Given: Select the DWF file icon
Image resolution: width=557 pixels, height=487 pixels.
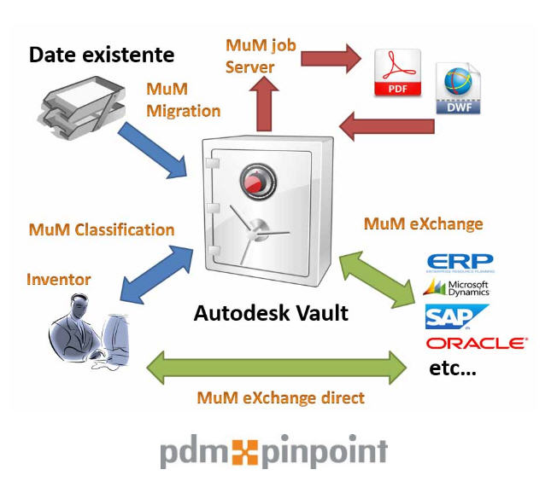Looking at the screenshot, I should click(x=458, y=89).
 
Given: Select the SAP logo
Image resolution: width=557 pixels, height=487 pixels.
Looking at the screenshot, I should click(x=456, y=316).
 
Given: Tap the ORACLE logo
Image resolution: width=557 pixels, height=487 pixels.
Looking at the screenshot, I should click(x=475, y=343).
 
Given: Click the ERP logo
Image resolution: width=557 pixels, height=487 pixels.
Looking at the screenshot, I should click(x=459, y=262).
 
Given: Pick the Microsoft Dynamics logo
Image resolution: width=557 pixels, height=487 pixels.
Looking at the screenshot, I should click(x=456, y=288).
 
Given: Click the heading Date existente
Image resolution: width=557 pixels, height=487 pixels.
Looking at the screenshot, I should click(x=102, y=56).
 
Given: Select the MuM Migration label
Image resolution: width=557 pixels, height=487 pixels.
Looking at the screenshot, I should click(x=183, y=100).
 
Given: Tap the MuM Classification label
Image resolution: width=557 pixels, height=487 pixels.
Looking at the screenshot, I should click(x=101, y=229).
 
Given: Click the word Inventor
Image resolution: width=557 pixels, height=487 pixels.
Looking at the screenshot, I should click(x=58, y=279).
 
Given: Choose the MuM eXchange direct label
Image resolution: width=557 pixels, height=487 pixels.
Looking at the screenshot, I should click(x=280, y=398).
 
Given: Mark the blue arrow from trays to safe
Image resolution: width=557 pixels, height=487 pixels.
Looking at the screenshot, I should click(x=155, y=150).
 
